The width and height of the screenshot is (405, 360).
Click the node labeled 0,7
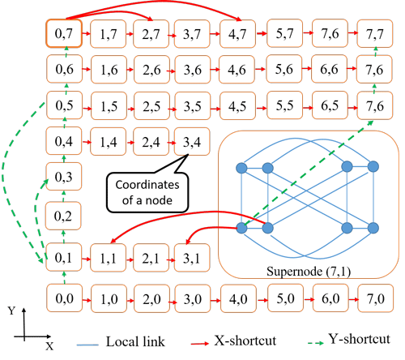[64, 33]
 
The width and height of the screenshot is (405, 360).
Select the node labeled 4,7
[237, 34]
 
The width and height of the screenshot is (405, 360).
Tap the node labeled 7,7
[375, 33]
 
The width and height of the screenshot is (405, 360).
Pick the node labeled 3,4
[192, 141]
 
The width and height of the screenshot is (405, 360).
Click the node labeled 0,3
[64, 176]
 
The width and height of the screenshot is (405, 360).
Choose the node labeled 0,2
[63, 216]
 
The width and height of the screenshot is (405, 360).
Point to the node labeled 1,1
[108, 258]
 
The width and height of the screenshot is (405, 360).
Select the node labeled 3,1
[192, 258]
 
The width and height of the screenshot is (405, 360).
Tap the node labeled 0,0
[64, 298]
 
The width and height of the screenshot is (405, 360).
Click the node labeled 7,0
[375, 298]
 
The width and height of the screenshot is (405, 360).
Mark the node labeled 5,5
[284, 105]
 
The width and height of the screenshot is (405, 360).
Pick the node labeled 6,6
[329, 69]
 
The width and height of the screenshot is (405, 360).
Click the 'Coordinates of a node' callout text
[147, 192]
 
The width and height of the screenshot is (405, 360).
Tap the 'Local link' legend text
[135, 341]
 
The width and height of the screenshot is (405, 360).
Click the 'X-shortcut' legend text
[245, 341]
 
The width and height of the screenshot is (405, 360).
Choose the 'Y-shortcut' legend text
[360, 339]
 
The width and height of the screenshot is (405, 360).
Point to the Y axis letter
[11, 311]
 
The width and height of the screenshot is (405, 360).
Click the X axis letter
[49, 346]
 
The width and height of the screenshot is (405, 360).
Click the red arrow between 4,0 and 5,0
[262, 300]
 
